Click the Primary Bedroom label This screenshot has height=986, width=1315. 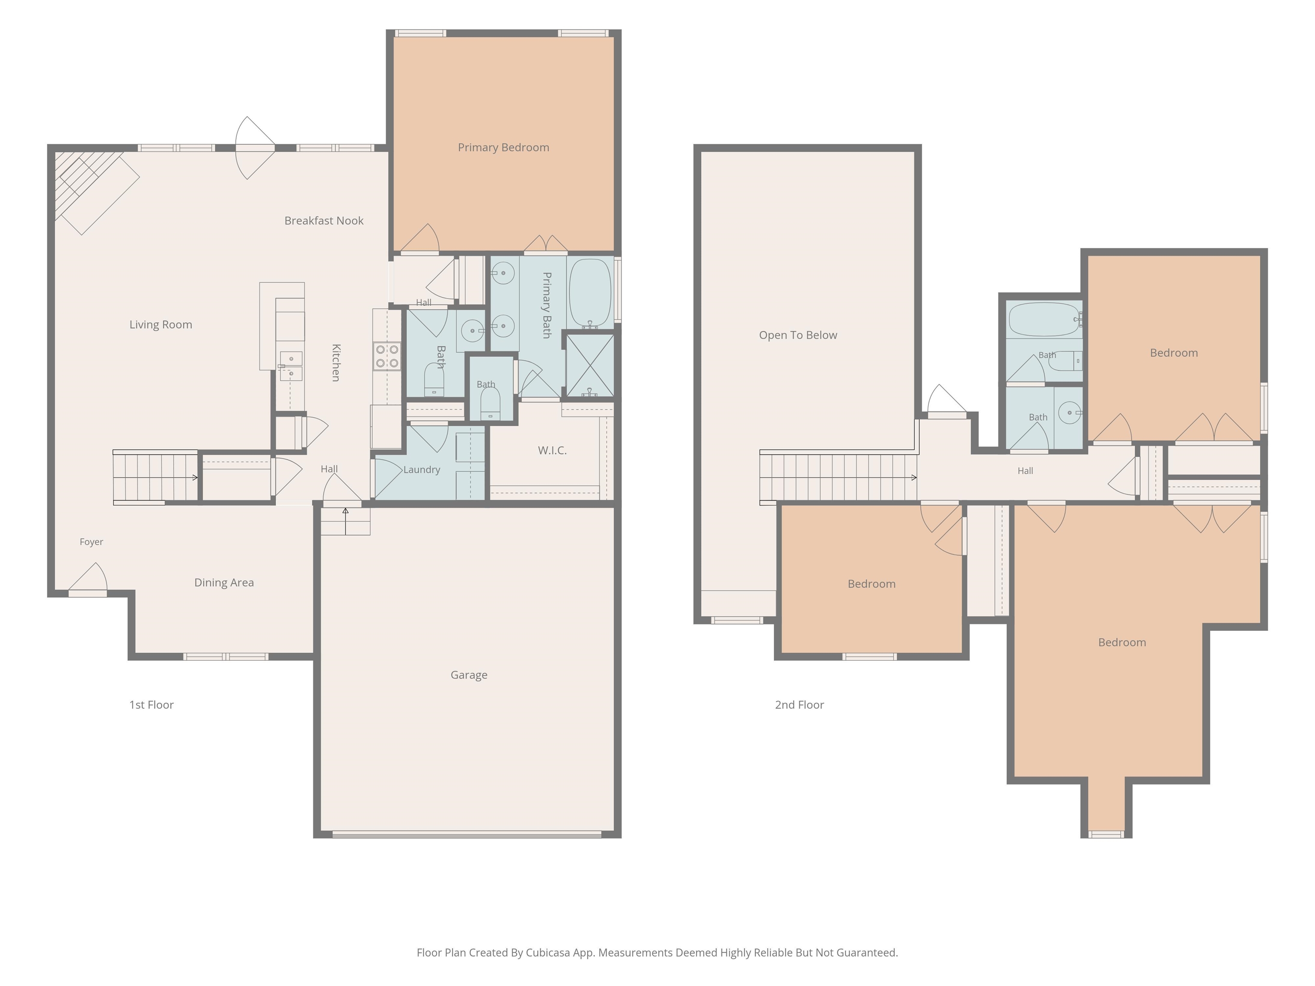tap(503, 147)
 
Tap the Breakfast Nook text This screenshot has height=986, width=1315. tap(324, 220)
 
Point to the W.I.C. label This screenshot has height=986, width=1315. tap(552, 451)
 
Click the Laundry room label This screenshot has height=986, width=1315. tap(422, 469)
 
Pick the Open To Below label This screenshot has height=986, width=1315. tap(798, 335)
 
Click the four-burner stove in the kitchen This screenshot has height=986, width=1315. tap(387, 356)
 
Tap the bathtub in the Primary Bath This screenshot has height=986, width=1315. tap(590, 292)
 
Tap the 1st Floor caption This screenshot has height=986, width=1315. tap(151, 705)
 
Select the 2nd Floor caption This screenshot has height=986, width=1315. tap(799, 705)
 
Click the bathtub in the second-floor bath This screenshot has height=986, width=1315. tap(1044, 320)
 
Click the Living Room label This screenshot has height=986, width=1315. tap(161, 324)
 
